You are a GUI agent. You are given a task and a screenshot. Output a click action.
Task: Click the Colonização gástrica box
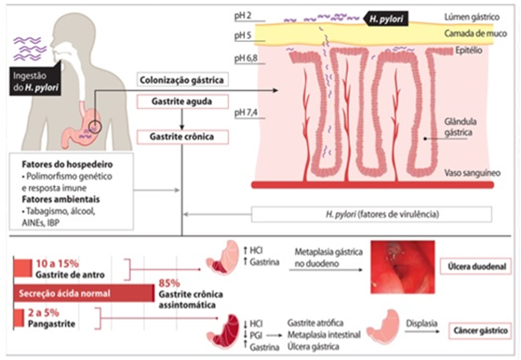(x=184, y=80)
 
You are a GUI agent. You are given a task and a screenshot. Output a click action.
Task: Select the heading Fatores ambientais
(x=55, y=197)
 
